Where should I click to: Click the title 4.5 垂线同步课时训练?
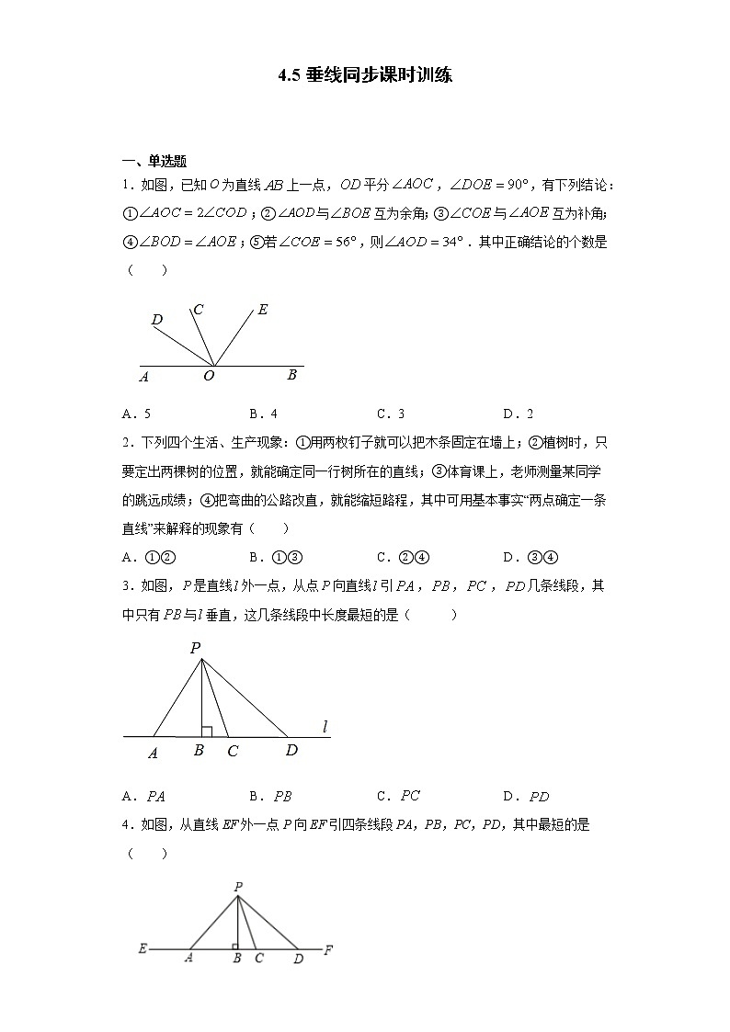click(365, 75)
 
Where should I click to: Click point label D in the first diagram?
click(157, 320)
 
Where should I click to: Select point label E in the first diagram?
click(263, 310)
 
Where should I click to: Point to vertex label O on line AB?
click(209, 376)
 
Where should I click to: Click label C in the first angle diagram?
click(198, 310)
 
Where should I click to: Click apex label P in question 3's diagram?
click(195, 648)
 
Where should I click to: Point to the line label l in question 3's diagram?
click(325, 727)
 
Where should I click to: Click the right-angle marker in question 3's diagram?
click(207, 731)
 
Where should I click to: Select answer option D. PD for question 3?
click(526, 797)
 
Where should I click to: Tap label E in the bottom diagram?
click(143, 948)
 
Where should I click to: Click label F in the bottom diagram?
click(328, 949)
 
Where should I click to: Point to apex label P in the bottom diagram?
click(238, 887)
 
